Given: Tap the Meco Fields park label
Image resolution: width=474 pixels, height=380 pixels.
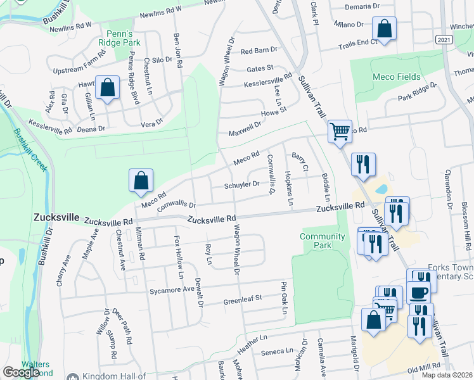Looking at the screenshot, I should (397, 77).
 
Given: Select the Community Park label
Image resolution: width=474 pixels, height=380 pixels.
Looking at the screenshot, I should (323, 241).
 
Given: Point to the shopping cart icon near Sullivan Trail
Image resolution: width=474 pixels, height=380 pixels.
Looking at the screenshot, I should (340, 131).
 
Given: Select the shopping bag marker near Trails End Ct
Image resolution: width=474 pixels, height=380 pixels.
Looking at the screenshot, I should (384, 28).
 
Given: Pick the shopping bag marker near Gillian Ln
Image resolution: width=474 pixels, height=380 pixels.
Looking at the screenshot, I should (107, 88).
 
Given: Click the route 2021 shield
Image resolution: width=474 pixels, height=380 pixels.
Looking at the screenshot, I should (445, 39).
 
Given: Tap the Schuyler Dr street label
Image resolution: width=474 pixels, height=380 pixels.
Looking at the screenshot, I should (242, 185).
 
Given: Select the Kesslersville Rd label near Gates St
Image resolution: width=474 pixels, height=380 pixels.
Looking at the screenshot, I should (268, 80).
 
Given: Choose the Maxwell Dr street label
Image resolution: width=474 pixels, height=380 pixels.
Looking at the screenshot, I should (245, 129).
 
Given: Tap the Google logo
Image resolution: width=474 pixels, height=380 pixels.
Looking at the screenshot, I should (21, 372).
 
